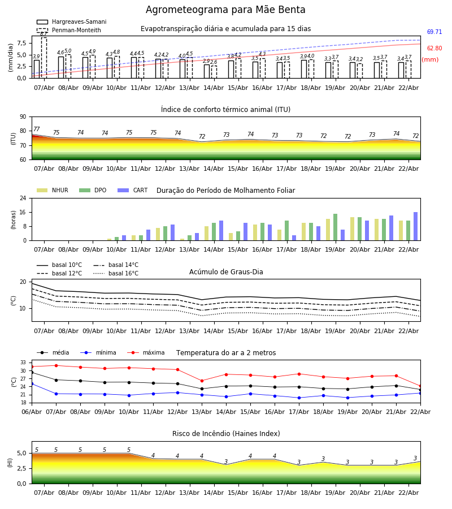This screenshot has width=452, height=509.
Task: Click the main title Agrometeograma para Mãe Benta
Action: (x=225, y=10)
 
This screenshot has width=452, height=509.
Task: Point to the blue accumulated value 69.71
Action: (x=434, y=32)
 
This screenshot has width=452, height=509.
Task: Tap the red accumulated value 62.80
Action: (x=434, y=49)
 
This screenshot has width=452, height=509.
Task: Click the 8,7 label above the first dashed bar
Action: (x=44, y=34)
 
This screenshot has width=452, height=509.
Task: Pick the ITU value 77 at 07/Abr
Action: (x=37, y=130)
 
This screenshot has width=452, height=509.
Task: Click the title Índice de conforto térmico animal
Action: (x=225, y=110)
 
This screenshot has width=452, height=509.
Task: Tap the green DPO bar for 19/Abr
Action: (x=335, y=227)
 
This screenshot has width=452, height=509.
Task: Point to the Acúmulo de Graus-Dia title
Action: (x=226, y=272)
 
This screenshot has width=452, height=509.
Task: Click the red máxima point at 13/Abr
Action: (x=202, y=381)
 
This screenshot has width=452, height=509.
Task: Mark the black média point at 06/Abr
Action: (x=32, y=372)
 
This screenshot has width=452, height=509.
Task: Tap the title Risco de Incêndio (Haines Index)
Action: (x=226, y=434)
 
